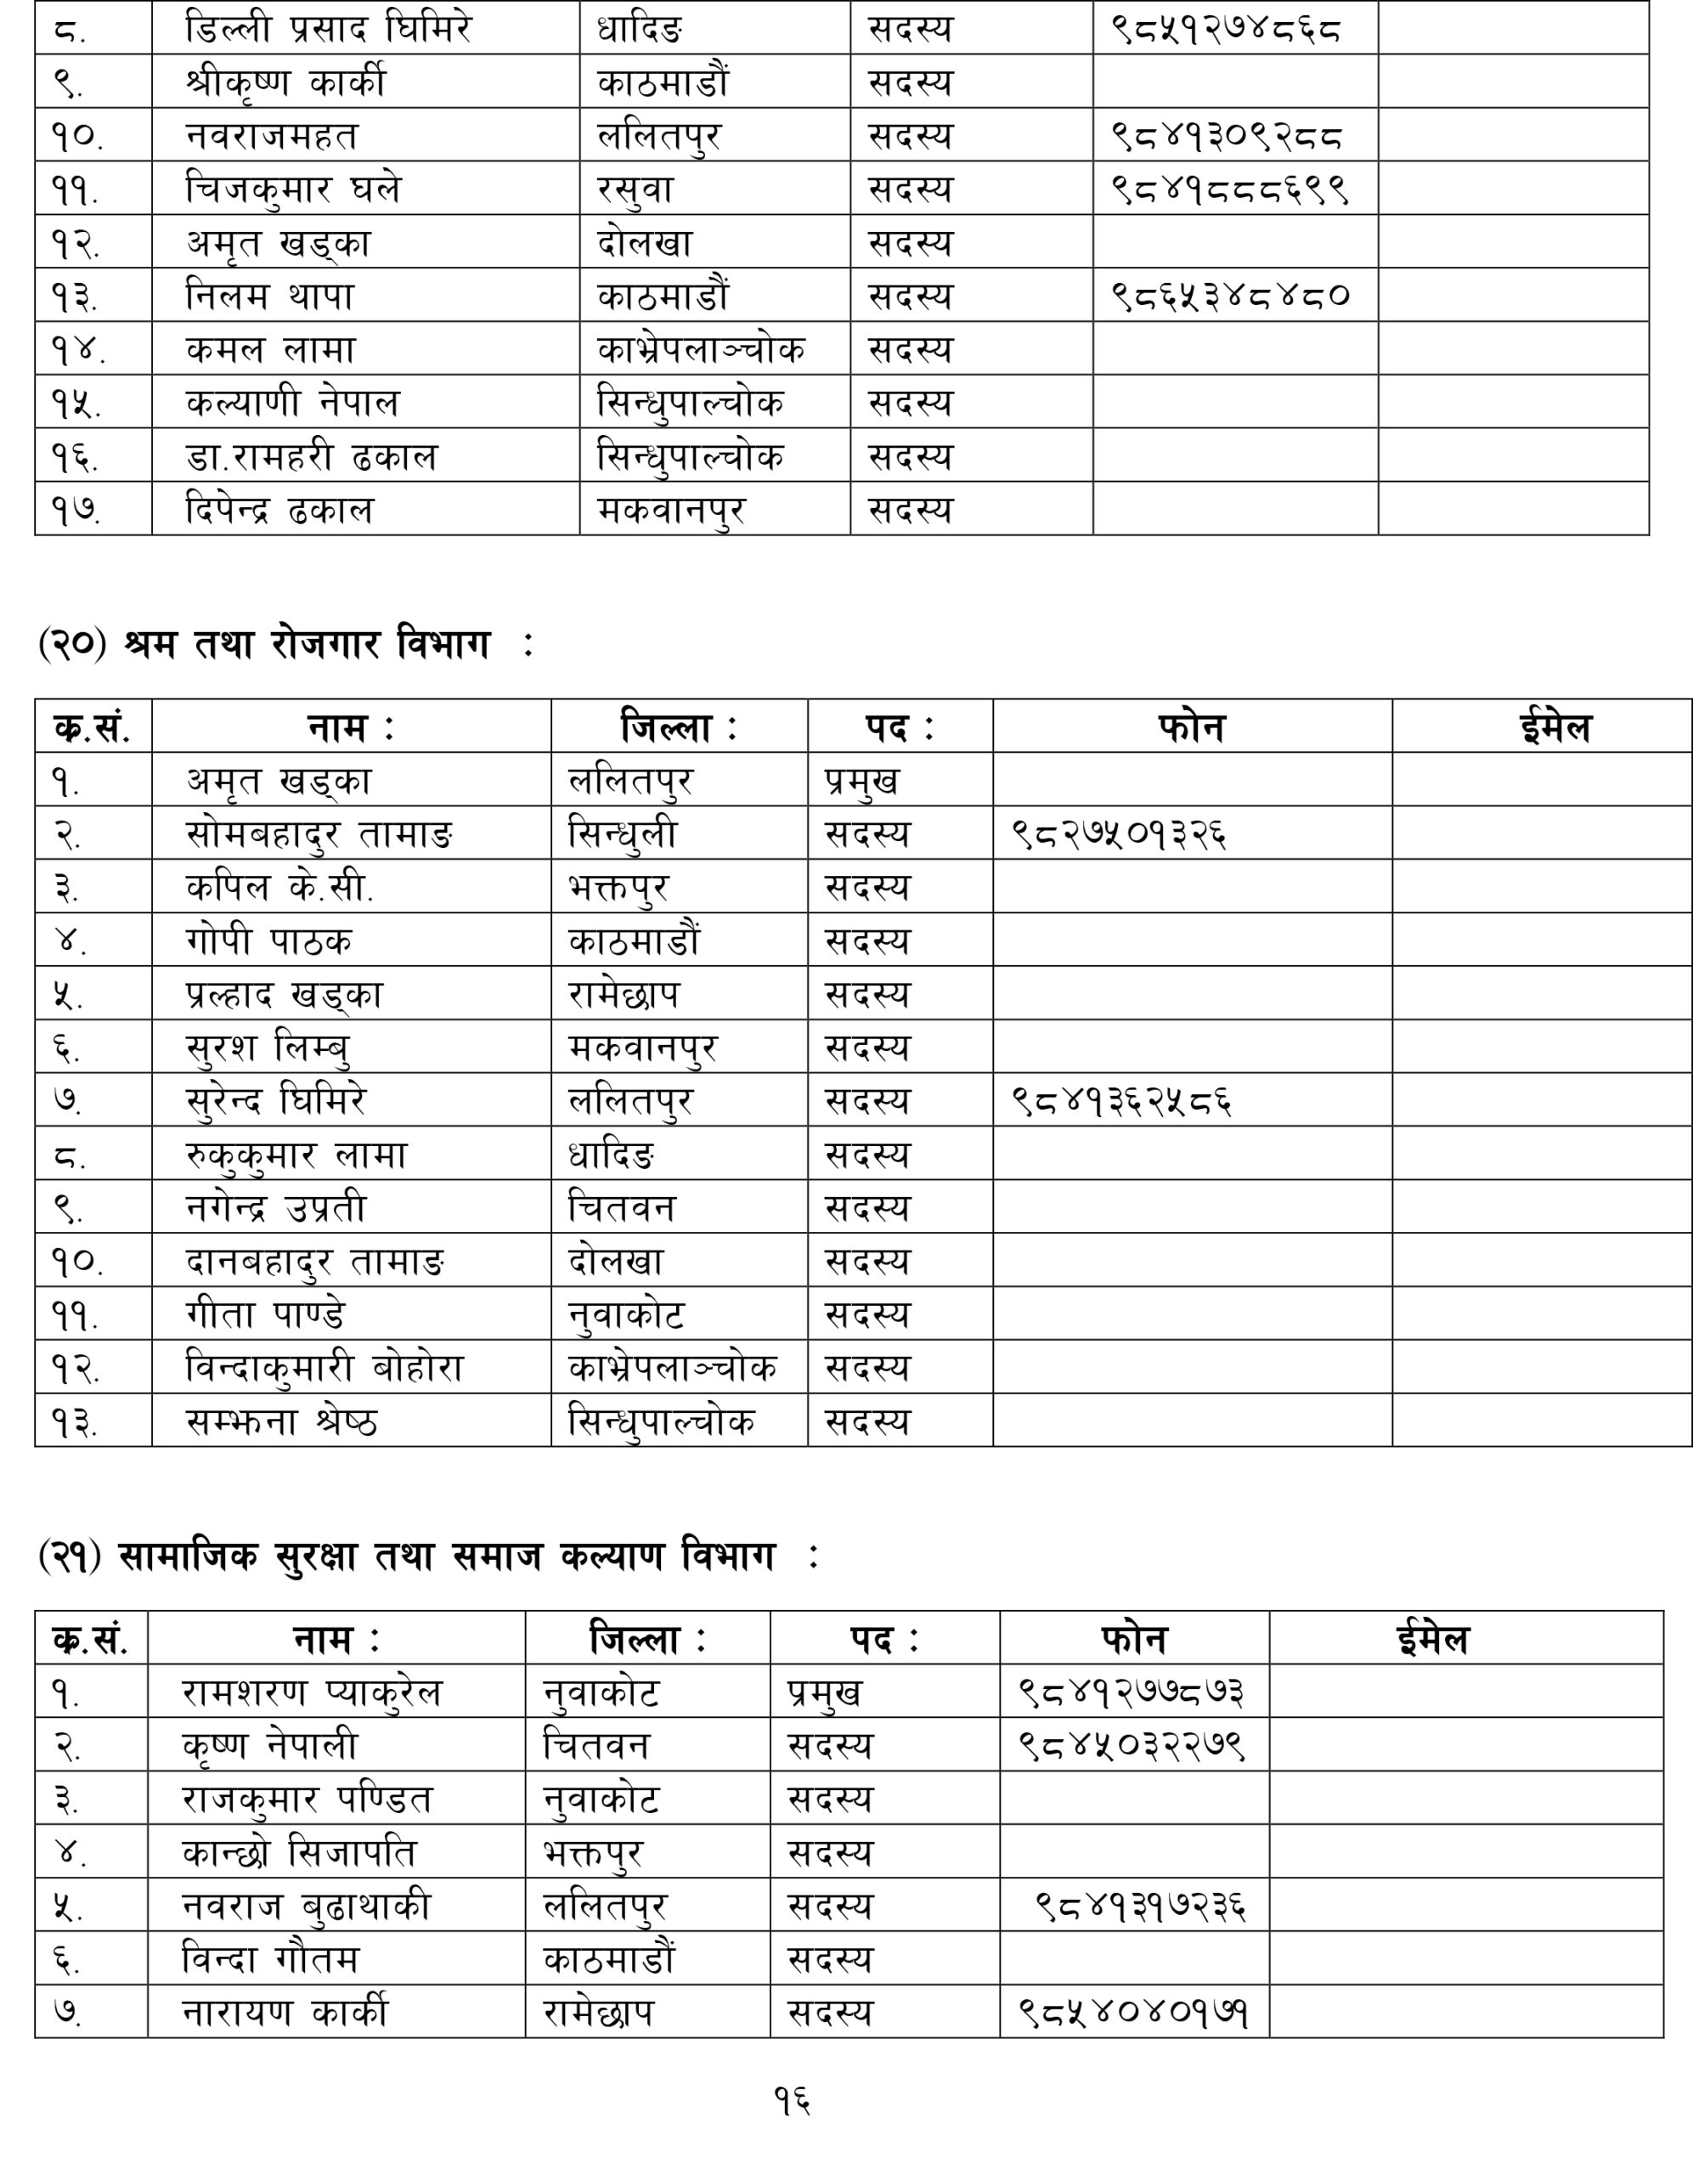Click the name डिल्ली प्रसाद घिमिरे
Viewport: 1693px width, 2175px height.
pos(329,28)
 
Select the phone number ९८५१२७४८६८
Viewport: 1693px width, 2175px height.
pos(1226,28)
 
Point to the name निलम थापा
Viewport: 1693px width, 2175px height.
pos(270,296)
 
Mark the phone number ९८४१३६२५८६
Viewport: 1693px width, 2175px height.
pos(1121,1100)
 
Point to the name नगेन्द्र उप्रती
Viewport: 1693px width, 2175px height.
pos(276,1208)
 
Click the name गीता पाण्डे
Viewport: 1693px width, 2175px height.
pos(265,1314)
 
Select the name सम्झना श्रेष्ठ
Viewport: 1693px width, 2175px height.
pos(282,1421)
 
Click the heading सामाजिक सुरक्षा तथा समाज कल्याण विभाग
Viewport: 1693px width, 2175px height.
pos(446,1556)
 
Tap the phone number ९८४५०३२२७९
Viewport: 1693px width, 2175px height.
pos(1132,1745)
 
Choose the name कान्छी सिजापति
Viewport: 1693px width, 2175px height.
pos(299,1852)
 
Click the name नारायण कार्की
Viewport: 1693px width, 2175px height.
pos(285,2013)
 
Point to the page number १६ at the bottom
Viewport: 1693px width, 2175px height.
pos(792,2100)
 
